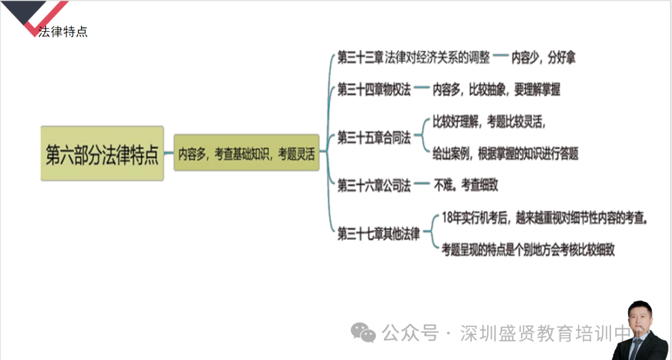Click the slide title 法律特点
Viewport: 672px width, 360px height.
[63, 32]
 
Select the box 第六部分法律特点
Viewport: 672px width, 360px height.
[102, 153]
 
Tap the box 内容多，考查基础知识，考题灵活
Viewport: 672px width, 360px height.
[246, 153]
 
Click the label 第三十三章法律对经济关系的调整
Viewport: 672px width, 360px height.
[414, 57]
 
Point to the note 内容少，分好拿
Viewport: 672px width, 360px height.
[543, 57]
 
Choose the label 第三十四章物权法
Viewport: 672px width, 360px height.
[374, 90]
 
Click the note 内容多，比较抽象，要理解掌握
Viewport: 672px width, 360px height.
[497, 90]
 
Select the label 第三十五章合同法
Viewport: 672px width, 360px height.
[374, 138]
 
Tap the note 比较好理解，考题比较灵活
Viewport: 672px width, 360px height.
[489, 122]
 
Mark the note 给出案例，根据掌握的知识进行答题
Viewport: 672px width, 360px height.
[505, 153]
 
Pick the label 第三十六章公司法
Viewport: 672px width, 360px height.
[374, 185]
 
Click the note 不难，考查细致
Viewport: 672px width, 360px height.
[466, 185]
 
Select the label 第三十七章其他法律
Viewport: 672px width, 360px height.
[378, 234]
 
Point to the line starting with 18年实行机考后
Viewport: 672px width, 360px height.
[544, 218]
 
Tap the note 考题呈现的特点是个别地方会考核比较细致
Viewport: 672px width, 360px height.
[528, 249]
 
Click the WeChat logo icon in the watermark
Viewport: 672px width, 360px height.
[363, 332]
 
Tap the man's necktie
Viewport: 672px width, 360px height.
[636, 347]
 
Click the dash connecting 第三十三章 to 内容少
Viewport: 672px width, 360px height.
[500, 56]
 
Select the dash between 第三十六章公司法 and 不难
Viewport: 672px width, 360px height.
[422, 183]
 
